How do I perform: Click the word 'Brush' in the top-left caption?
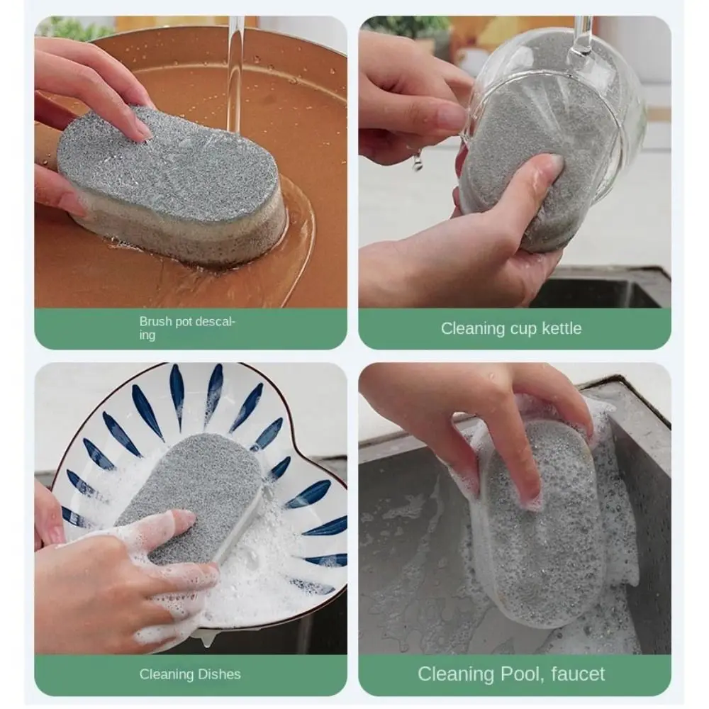coord(155,321)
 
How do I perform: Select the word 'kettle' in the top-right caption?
coord(562,328)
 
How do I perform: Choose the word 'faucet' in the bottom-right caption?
coord(578,674)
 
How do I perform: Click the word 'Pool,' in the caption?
coord(522,674)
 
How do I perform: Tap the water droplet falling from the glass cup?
coord(417,162)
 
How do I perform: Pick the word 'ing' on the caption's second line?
coord(147,335)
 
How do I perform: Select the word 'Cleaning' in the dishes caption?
coord(167,674)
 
